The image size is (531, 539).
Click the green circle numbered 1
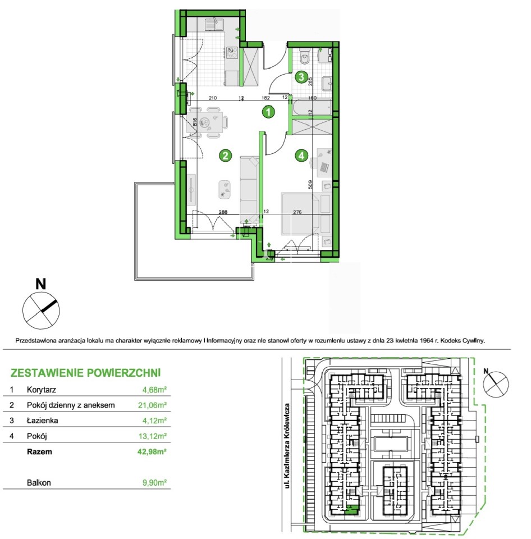[x=268, y=111]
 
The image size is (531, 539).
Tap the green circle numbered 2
[x=225, y=156]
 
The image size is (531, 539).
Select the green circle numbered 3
[x=301, y=76]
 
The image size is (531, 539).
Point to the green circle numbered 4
[x=301, y=156]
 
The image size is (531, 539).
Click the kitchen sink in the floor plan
[x=214, y=24]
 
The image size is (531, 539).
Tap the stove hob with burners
[x=232, y=53]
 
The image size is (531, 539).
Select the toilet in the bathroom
[x=305, y=57]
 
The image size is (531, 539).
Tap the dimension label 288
[x=223, y=212]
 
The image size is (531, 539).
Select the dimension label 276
[x=297, y=212]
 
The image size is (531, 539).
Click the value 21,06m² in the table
[x=152, y=405]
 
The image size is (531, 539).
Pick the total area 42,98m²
[x=152, y=451]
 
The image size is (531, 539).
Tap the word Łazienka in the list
[x=42, y=421]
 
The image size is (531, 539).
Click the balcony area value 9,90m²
[x=155, y=483]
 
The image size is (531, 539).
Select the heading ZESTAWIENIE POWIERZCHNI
[x=85, y=373]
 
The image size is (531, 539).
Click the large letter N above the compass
[x=41, y=284]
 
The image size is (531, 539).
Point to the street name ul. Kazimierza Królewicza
[x=287, y=445]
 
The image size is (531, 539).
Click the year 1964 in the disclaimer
[x=426, y=341]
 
